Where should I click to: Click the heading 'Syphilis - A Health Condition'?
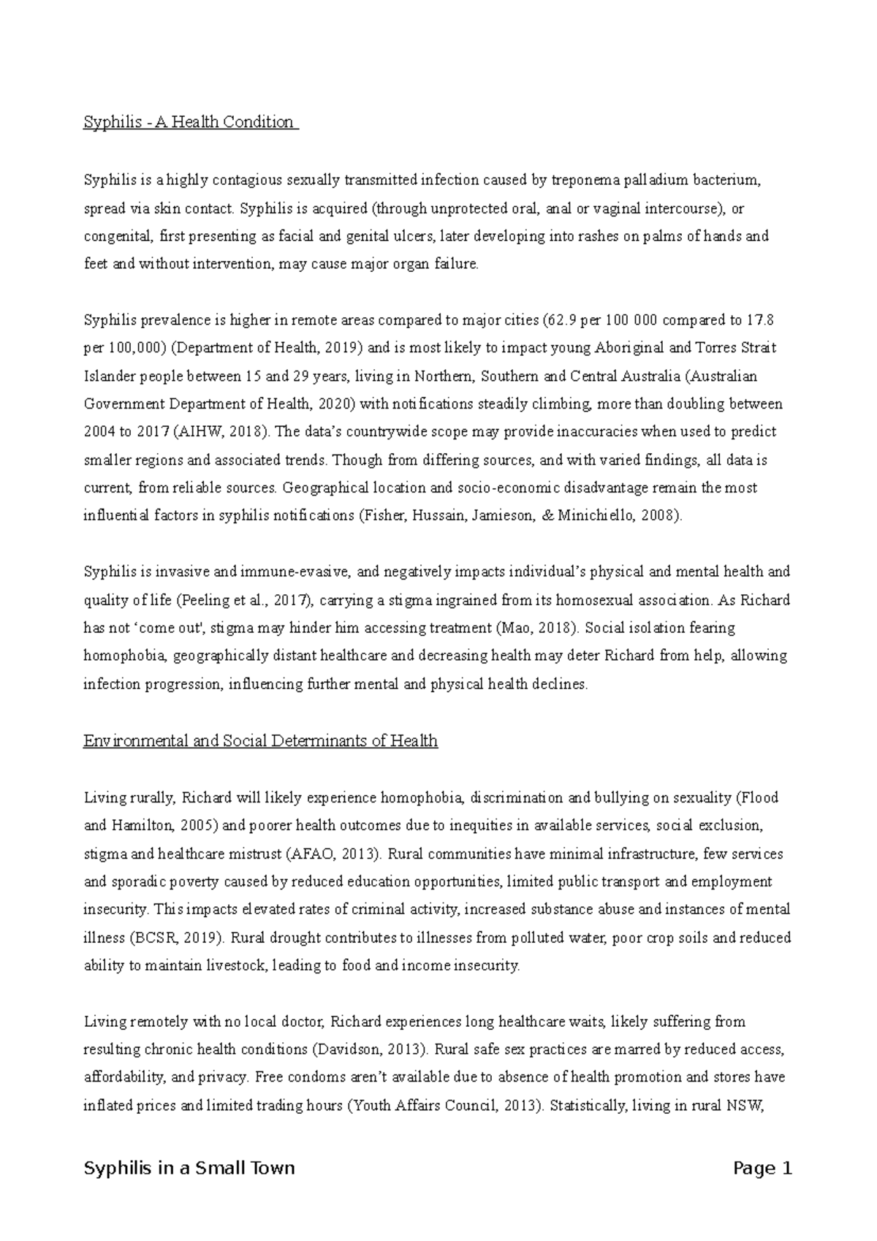(x=190, y=122)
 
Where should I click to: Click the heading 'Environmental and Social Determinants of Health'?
(x=260, y=741)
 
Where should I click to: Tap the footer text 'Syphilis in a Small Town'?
(x=189, y=1168)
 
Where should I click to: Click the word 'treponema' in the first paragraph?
(x=580, y=180)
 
